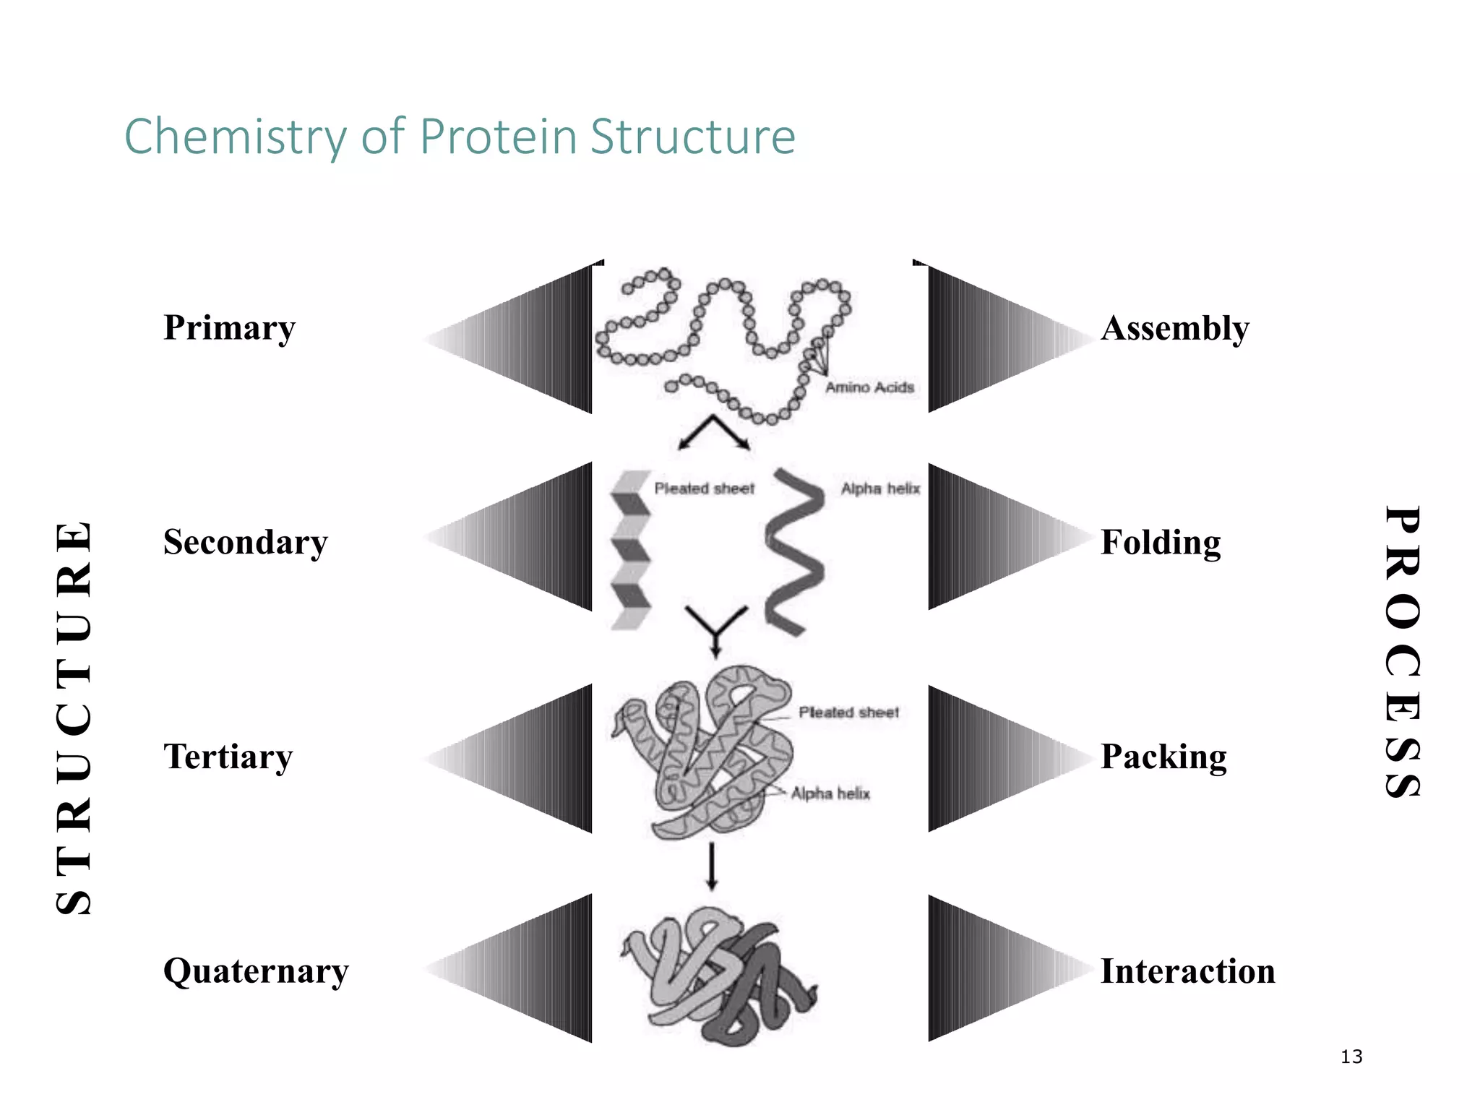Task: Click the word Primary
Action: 229,328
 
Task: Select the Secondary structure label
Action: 245,543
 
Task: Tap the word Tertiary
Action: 228,757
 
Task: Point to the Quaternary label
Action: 256,971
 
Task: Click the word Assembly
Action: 1175,329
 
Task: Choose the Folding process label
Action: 1161,543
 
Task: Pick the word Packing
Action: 1163,757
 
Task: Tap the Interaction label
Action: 1187,971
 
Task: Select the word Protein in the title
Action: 499,137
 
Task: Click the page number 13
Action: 1351,1057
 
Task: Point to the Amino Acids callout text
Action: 869,387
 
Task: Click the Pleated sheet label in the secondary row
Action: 704,489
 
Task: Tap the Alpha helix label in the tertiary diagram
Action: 830,793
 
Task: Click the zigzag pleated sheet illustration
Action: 629,549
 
